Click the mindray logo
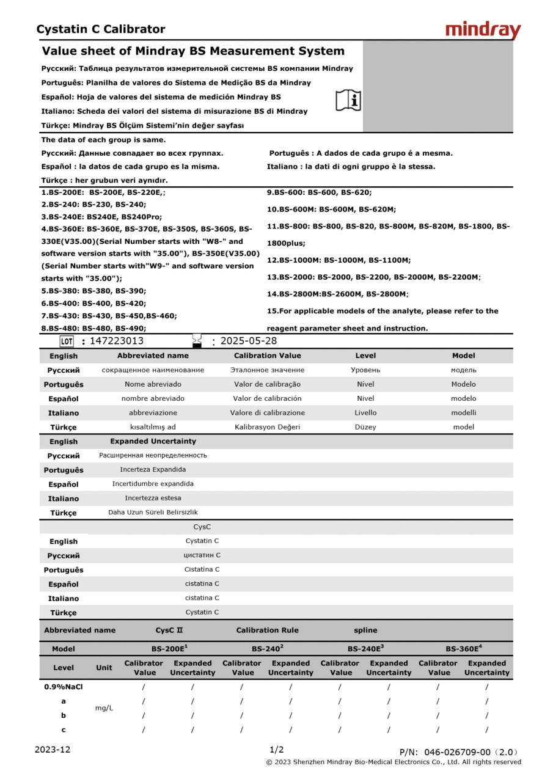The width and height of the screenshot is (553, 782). (483, 30)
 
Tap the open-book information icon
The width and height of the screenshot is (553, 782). (348, 100)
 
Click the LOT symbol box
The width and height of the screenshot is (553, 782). (67, 341)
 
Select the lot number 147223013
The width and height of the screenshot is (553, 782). (116, 341)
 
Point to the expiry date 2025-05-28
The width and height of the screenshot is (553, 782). (248, 341)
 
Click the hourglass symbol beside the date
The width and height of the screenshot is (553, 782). (197, 340)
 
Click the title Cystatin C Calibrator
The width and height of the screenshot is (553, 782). (101, 29)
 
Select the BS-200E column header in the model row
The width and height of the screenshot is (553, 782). (169, 649)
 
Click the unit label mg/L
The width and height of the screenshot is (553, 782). (104, 708)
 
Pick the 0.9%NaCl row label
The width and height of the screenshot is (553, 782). (64, 687)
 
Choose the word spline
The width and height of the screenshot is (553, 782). (365, 630)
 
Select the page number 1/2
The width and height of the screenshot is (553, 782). (276, 750)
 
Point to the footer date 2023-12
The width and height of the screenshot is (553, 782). (53, 750)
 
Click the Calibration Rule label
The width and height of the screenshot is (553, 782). (267, 630)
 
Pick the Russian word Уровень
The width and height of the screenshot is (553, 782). (365, 370)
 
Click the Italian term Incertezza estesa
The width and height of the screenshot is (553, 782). (153, 498)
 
